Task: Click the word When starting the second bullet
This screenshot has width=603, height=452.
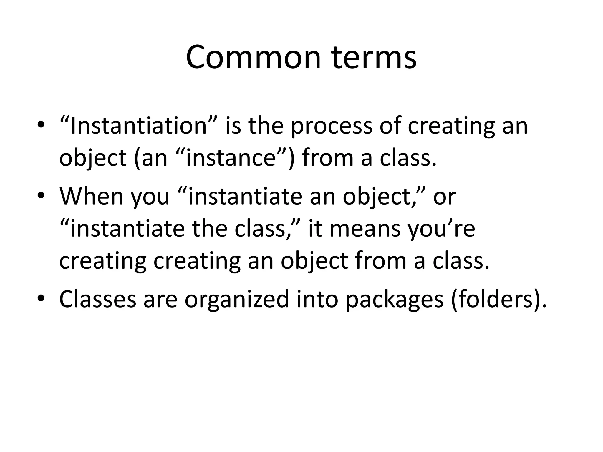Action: click(91, 197)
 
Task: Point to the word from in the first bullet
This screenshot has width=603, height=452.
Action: click(327, 158)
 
